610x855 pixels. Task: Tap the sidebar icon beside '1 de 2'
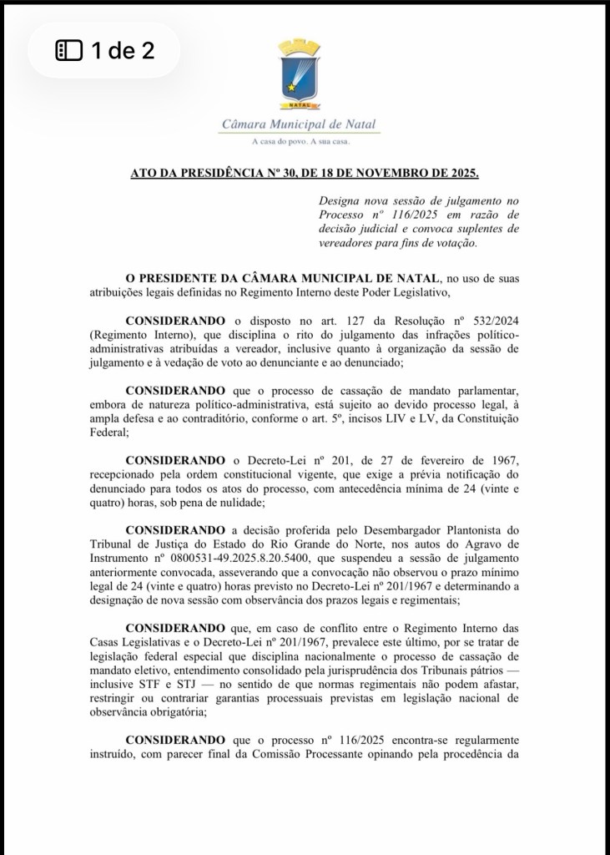pos(68,51)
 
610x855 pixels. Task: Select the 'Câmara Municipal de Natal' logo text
pos(300,124)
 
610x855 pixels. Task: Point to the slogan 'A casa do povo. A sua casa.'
pos(300,143)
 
